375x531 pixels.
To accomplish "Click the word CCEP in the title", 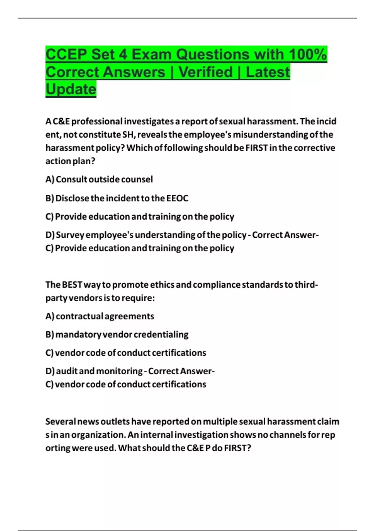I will (x=66, y=55).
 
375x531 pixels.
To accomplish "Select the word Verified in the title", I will (x=206, y=72).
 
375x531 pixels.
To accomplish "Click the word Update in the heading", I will (x=71, y=89).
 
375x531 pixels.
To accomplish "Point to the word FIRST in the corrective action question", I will (x=257, y=148).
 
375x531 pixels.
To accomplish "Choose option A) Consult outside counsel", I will (x=99, y=180).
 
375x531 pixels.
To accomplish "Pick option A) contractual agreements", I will (x=100, y=316).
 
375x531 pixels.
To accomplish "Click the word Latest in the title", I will (x=268, y=72).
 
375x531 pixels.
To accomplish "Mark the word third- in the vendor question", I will (x=306, y=285).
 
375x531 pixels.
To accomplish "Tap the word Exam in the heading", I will (x=152, y=55).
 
